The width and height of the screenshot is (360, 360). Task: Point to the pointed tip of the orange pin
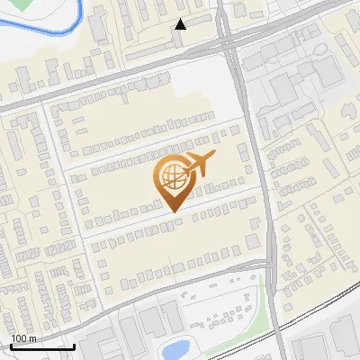pos(172,211)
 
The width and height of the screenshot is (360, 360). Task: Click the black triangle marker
pos(181,24)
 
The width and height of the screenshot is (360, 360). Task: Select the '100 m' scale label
pos(23,338)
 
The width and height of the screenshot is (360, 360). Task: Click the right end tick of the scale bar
pos(74,344)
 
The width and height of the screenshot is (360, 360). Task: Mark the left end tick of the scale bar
pos(11,344)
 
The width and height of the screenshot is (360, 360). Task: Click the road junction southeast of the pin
pos(268,261)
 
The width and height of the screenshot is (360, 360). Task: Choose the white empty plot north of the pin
pos(193,85)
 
